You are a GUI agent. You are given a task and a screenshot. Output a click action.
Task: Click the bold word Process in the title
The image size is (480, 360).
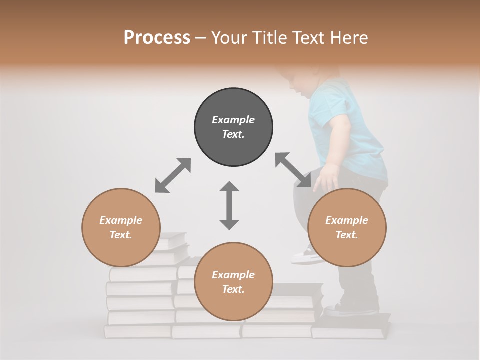pyautogui.click(x=157, y=38)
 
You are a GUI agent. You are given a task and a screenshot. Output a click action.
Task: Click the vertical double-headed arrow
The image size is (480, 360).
pyautogui.click(x=229, y=205)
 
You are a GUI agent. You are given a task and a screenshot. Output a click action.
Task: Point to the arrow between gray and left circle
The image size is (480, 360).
pyautogui.click(x=173, y=175)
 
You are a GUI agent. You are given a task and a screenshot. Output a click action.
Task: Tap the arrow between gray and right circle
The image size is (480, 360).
pyautogui.click(x=293, y=170)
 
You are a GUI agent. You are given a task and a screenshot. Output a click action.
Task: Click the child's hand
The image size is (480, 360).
pyautogui.click(x=328, y=178)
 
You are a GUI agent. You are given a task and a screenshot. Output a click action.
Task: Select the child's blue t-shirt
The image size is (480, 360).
pyautogui.click(x=350, y=135)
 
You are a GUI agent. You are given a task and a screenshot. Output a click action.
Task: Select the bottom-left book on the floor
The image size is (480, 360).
pyautogui.click(x=137, y=331)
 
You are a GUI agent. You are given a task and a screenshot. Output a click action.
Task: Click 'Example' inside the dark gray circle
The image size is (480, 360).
pyautogui.click(x=233, y=120)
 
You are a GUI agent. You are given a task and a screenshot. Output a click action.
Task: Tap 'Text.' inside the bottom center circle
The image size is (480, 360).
pyautogui.click(x=233, y=289)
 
